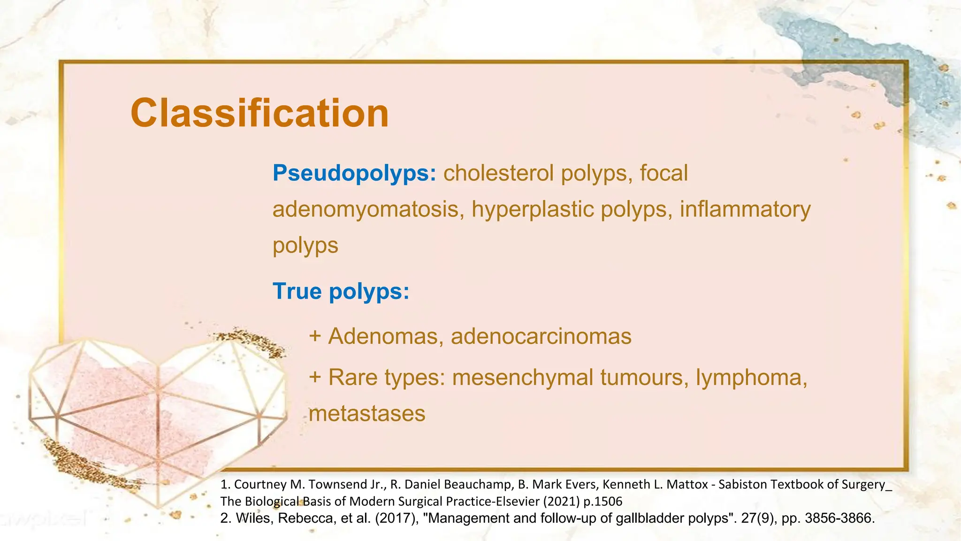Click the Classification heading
click(x=259, y=113)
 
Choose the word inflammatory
click(x=745, y=209)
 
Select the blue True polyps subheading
click(x=341, y=291)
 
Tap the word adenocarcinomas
click(x=541, y=337)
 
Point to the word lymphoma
click(x=751, y=378)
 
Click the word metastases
click(x=367, y=414)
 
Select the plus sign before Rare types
click(x=315, y=378)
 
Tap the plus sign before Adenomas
click(x=315, y=337)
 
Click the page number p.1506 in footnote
click(x=603, y=502)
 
